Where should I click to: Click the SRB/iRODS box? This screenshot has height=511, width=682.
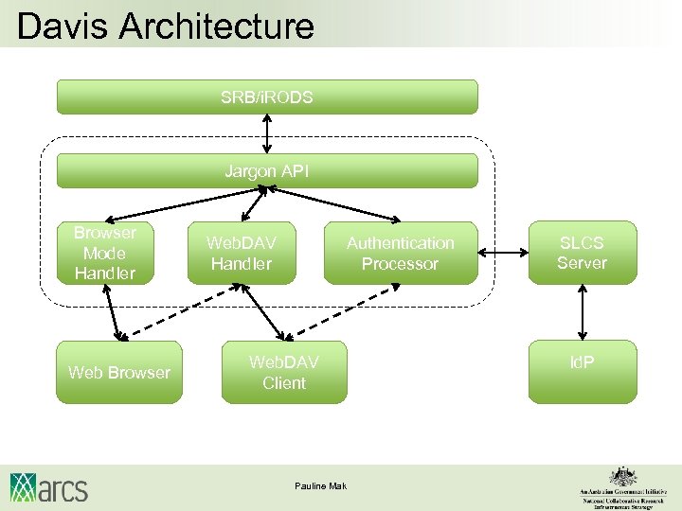click(x=267, y=97)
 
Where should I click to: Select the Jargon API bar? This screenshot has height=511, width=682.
click(x=267, y=171)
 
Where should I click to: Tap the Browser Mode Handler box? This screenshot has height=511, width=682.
click(x=105, y=253)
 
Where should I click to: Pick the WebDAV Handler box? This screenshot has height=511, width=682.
click(x=242, y=254)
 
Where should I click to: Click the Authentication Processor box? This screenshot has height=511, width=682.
click(x=400, y=254)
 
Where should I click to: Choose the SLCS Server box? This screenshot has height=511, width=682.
click(x=582, y=253)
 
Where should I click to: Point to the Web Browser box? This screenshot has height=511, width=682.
click(x=119, y=372)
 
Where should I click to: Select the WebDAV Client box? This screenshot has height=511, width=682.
click(x=284, y=372)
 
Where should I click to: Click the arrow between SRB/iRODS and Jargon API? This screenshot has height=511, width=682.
click(x=268, y=133)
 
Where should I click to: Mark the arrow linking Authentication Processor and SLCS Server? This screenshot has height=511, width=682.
click(x=503, y=253)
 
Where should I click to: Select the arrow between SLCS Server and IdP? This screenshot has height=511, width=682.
click(x=583, y=312)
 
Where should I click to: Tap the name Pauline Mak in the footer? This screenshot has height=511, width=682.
click(x=321, y=486)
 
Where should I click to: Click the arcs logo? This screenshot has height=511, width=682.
click(x=49, y=487)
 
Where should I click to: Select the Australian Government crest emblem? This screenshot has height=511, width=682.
click(x=621, y=475)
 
